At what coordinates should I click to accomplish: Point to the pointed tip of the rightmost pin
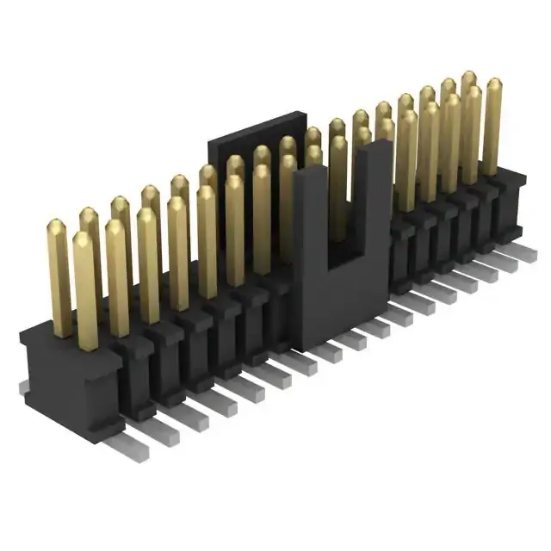493,84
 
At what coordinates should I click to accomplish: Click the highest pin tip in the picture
469,77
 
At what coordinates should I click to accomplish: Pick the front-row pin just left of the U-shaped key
263,215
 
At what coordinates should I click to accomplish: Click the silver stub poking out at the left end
24,388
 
